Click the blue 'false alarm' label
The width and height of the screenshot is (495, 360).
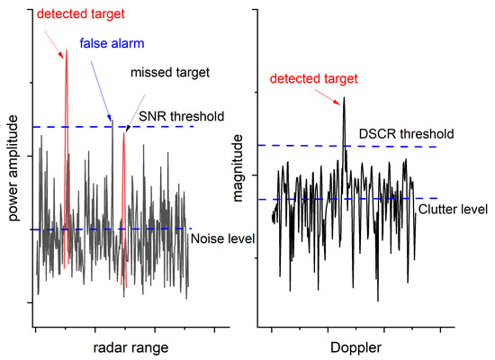click(111, 43)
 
